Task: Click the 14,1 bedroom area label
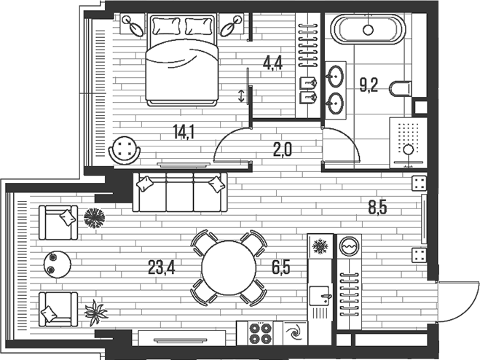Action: coord(184,132)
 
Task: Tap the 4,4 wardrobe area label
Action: coord(272,63)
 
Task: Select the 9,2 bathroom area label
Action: coord(369,85)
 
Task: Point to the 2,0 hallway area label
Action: coord(282,149)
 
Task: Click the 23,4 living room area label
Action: coord(161,267)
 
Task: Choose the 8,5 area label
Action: coord(377,208)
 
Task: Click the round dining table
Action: coord(229,267)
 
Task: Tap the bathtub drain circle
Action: coord(368,30)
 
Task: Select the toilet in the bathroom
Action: coord(400,89)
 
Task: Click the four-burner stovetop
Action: coord(260,333)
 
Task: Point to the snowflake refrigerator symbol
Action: coord(320,246)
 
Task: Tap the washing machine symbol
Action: coord(349,246)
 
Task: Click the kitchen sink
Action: coord(319,296)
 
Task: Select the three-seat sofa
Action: coord(180,192)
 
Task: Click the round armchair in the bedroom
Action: coord(125,150)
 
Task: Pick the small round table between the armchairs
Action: coord(58,265)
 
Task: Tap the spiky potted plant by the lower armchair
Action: coord(95,312)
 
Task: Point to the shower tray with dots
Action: coord(408,143)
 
